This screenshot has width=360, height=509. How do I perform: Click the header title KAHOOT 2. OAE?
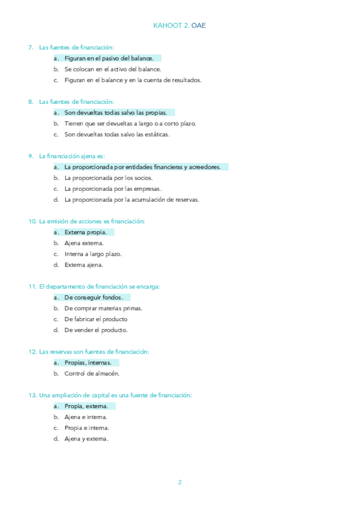(x=180, y=25)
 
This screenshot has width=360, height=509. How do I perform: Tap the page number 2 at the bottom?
(x=179, y=482)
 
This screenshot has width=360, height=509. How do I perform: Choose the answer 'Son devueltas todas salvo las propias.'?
(x=115, y=112)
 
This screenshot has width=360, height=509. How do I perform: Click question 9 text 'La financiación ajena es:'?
(x=71, y=156)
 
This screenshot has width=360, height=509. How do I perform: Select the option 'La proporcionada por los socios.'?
(x=109, y=178)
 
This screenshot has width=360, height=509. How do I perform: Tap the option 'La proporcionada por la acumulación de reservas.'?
(x=131, y=199)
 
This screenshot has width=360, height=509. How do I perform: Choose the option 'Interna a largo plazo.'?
(x=93, y=254)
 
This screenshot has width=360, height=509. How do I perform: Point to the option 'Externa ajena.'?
(x=83, y=265)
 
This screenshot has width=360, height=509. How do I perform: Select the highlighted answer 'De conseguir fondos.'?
(x=93, y=297)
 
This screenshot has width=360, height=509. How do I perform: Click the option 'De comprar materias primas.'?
(x=103, y=309)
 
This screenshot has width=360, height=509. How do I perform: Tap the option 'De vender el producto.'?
(x=96, y=330)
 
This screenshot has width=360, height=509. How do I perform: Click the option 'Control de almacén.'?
(x=92, y=373)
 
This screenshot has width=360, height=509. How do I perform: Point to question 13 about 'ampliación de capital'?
(x=115, y=395)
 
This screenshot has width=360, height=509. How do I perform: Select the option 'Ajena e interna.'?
(x=86, y=417)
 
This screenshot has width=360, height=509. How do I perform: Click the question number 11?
(x=32, y=287)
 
